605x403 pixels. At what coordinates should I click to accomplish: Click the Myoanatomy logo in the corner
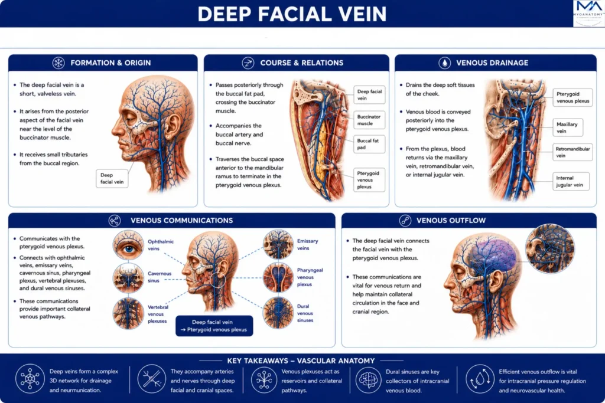pyautogui.click(x=589, y=14)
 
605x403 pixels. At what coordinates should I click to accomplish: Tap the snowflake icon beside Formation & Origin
pyautogui.click(x=58, y=63)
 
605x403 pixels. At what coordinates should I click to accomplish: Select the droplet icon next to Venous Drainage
pyautogui.click(x=444, y=63)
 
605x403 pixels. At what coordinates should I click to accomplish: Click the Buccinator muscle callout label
pyautogui.click(x=369, y=120)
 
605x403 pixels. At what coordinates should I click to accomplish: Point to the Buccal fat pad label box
pyautogui.click(x=369, y=144)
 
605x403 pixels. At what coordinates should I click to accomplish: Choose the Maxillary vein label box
pyautogui.click(x=568, y=127)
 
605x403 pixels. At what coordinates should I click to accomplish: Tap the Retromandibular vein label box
pyautogui.click(x=573, y=152)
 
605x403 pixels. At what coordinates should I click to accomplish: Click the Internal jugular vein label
pyautogui.click(x=571, y=181)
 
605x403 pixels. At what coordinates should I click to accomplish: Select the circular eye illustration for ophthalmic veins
pyautogui.click(x=128, y=245)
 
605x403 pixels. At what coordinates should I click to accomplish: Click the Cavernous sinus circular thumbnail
pyautogui.click(x=128, y=278)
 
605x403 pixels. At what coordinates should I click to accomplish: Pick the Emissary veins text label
pyautogui.click(x=307, y=245)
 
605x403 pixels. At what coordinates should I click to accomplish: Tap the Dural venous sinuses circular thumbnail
pyautogui.click(x=278, y=313)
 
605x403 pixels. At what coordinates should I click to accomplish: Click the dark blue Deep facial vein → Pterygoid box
pyautogui.click(x=214, y=326)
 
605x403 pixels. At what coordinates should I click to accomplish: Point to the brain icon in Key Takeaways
pyautogui.click(x=368, y=380)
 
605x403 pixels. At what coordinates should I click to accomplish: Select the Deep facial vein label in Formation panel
pyautogui.click(x=112, y=178)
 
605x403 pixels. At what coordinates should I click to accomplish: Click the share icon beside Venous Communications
pyautogui.click(x=115, y=220)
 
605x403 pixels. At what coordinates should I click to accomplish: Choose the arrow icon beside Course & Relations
pyautogui.click(x=248, y=63)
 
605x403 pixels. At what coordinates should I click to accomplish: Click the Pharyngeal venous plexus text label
pyautogui.click(x=310, y=277)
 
